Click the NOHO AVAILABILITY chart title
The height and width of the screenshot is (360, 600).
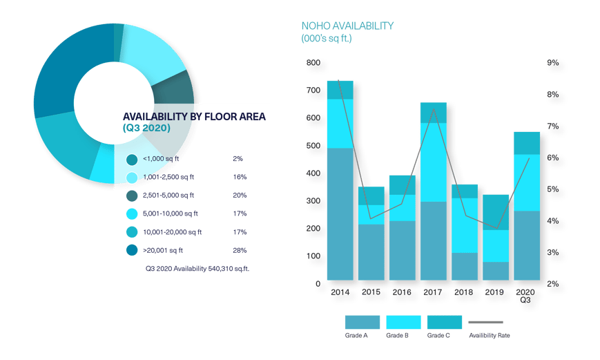pos(347,26)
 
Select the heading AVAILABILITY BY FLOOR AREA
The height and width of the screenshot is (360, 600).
pos(194,117)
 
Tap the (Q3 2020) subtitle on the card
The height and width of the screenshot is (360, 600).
pos(146,129)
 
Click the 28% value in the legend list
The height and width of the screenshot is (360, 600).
pos(240,250)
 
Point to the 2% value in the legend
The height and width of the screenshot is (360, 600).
pos(238,159)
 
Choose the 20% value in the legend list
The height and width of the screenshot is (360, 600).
pos(240,196)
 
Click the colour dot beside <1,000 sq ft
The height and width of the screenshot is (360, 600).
pos(132,160)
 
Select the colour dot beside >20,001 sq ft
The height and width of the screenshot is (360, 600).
pos(132,251)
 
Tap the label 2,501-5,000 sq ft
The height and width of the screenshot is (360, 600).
pos(168,196)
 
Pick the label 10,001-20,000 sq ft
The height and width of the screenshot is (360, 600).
pos(172,232)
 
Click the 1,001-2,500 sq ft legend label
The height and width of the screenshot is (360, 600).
pos(168,178)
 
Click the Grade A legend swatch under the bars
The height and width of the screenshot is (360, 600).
pos(362,322)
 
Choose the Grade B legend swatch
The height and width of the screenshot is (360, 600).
pos(403,322)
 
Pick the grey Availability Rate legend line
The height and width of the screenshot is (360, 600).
pos(486,322)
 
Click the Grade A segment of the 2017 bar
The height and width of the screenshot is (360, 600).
pos(432,240)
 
